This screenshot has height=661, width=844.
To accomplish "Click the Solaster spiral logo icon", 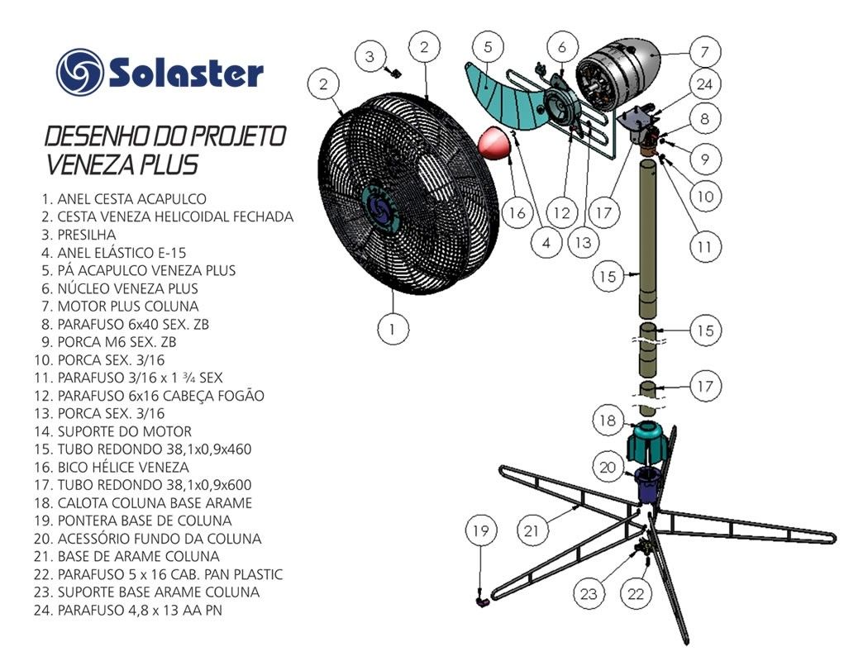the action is pyautogui.click(x=79, y=73).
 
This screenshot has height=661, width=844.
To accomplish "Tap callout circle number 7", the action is pyautogui.click(x=705, y=52).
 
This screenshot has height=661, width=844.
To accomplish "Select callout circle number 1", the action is pyautogui.click(x=393, y=328).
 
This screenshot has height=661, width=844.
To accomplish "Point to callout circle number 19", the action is pyautogui.click(x=480, y=530).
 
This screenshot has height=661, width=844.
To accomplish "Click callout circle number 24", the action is pyautogui.click(x=704, y=84).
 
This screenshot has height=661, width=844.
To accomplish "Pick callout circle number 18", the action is pyautogui.click(x=608, y=420).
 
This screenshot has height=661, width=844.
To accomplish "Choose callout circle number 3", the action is pyautogui.click(x=370, y=56).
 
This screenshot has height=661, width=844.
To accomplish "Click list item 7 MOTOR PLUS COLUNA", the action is pyautogui.click(x=120, y=306).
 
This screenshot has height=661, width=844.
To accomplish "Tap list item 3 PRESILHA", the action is pyautogui.click(x=79, y=235).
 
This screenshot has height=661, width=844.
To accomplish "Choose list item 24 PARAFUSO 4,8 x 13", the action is pyautogui.click(x=127, y=610).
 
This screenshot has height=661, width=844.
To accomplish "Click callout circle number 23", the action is pyautogui.click(x=589, y=594).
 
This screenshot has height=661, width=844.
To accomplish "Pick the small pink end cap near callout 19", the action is pyautogui.click(x=483, y=602).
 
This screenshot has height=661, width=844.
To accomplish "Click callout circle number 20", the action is pyautogui.click(x=608, y=467).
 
